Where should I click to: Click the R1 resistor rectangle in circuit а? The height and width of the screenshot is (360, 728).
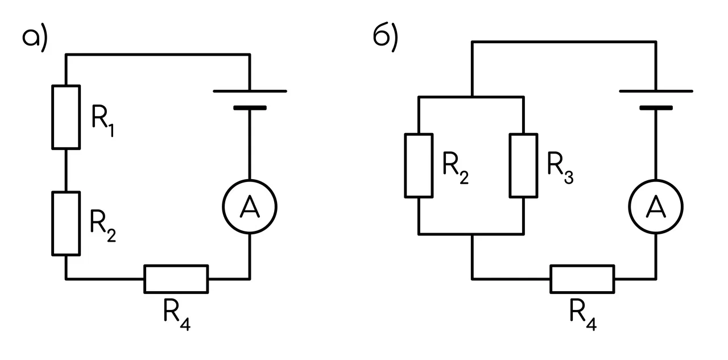click(x=52, y=117)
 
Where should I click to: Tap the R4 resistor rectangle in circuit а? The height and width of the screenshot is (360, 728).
click(x=176, y=266)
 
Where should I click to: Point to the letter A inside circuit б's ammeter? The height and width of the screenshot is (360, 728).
click(x=656, y=206)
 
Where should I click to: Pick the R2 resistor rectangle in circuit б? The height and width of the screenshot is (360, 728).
click(x=405, y=165)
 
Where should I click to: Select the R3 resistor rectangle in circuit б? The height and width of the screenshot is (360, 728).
click(x=510, y=165)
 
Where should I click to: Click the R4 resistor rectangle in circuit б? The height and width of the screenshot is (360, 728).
click(x=582, y=266)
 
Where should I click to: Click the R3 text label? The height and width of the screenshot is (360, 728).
click(x=560, y=168)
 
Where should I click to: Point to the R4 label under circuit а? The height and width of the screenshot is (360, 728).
click(x=177, y=315)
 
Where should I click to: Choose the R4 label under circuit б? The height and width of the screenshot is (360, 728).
click(x=583, y=315)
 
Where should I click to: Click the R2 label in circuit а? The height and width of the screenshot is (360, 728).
click(x=103, y=226)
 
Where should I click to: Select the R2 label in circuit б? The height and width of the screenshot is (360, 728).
click(x=456, y=168)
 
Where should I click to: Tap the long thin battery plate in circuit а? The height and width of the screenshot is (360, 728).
click(x=250, y=92)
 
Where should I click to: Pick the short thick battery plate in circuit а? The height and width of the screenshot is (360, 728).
click(x=250, y=108)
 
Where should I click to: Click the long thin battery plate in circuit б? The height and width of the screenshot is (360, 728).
click(x=656, y=92)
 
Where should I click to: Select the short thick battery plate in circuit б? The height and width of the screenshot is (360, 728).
click(x=656, y=108)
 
